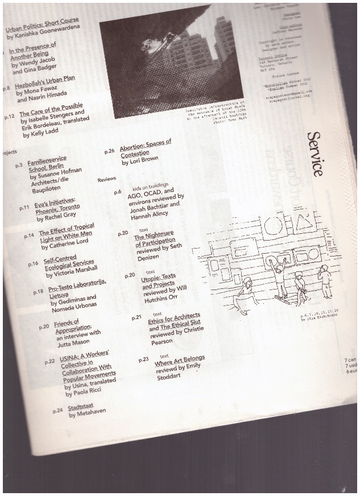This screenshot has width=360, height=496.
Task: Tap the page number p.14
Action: coord(29,234)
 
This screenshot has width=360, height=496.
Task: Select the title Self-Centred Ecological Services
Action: coord(68,261)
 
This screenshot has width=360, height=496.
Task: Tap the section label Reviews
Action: coord(106,179)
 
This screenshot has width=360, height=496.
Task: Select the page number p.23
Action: coord(143,359)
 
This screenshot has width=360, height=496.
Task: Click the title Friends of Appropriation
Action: coord(73,325)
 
